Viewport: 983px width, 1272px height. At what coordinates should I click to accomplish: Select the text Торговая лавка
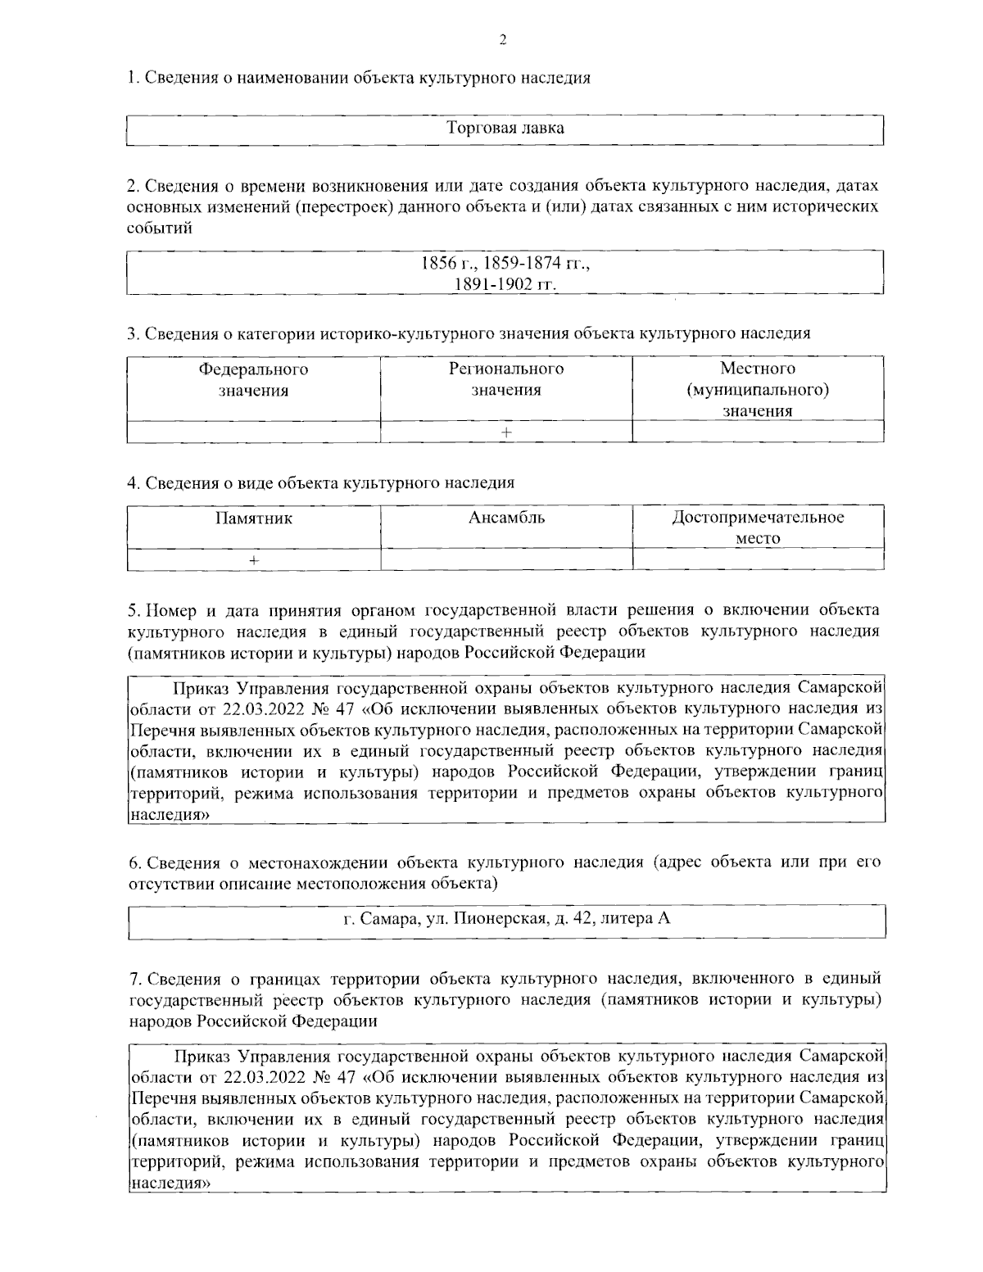(505, 129)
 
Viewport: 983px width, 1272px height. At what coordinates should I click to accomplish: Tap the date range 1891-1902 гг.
(505, 284)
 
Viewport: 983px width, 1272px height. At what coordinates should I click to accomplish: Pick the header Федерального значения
(253, 379)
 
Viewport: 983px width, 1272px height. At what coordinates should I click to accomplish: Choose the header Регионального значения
(505, 379)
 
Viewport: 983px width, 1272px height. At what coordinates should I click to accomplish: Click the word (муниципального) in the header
(758, 390)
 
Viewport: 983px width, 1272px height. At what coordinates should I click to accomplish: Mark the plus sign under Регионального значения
(506, 432)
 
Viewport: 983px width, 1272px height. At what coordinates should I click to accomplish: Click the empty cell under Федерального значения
(253, 432)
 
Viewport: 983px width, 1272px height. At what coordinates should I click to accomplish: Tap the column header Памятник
(253, 518)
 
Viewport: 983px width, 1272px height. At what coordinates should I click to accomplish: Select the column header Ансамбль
(506, 518)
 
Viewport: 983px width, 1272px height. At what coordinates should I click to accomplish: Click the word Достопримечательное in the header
(758, 518)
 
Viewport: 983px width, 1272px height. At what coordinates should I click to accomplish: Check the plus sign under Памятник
(254, 559)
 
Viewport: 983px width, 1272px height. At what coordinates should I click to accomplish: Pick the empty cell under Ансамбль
(506, 559)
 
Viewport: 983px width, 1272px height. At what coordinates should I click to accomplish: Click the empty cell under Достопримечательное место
(758, 559)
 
